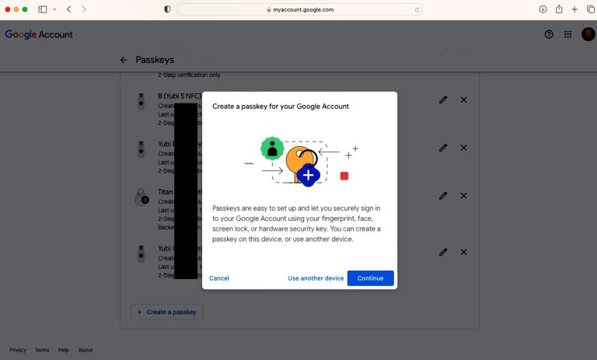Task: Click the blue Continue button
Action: coord(370,278)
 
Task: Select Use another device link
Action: coord(316,278)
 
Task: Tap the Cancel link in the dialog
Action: coord(219,278)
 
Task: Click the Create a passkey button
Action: coord(167,312)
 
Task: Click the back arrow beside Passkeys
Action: coord(124,60)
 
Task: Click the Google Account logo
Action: coord(39,34)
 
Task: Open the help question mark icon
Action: coord(549,34)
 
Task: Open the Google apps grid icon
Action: coord(568,34)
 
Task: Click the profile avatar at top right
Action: coord(588,34)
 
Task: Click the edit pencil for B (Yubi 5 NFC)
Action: coord(443,100)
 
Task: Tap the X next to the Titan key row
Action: coord(463,195)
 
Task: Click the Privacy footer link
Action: coord(18,350)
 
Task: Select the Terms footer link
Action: coord(42,350)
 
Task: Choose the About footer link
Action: coord(86,350)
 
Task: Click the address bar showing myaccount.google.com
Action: coord(299,9)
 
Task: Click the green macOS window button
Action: coord(25,9)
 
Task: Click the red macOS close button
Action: coord(5,9)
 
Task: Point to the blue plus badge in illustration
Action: coord(309,175)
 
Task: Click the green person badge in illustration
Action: coord(271,149)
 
